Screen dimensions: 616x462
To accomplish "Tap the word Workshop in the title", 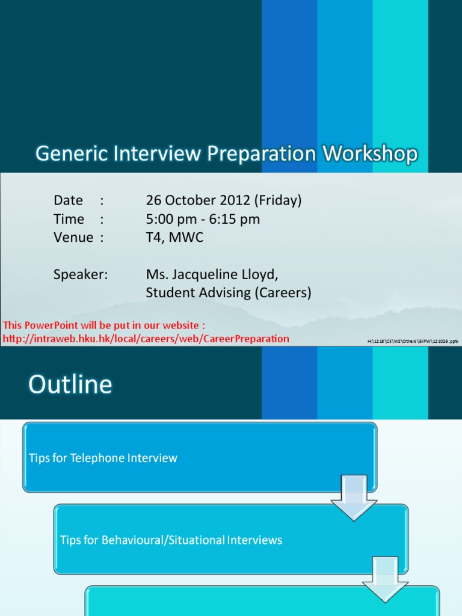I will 370,154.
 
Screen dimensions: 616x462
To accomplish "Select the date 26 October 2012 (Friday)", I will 224,200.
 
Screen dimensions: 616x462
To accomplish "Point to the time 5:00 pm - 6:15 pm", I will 203,219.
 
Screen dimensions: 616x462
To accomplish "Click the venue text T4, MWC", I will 174,238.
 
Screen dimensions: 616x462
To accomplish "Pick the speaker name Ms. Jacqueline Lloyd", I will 212,274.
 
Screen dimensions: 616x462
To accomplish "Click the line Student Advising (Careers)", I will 229,293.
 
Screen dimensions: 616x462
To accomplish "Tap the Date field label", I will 68,200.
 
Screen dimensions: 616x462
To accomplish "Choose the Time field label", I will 69,219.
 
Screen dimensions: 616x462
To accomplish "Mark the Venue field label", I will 73,238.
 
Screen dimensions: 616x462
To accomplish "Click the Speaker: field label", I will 81,274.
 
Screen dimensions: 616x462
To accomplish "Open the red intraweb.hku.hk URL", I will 146,339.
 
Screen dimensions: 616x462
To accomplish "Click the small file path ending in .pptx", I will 413,341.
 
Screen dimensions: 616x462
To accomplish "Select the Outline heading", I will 70,384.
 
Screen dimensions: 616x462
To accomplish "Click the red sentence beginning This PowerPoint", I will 104,326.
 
